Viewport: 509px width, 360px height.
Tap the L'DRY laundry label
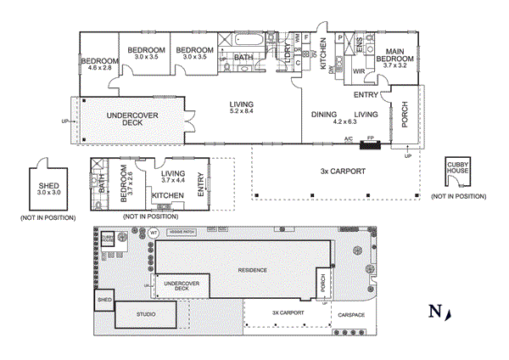click(x=288, y=53)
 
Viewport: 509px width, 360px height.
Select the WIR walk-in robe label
click(x=359, y=71)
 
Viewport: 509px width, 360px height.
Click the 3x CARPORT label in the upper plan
click(x=343, y=171)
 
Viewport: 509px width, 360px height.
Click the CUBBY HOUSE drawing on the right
click(x=457, y=172)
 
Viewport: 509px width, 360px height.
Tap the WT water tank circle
click(x=154, y=232)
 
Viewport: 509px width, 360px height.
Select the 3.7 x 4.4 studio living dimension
click(x=172, y=180)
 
